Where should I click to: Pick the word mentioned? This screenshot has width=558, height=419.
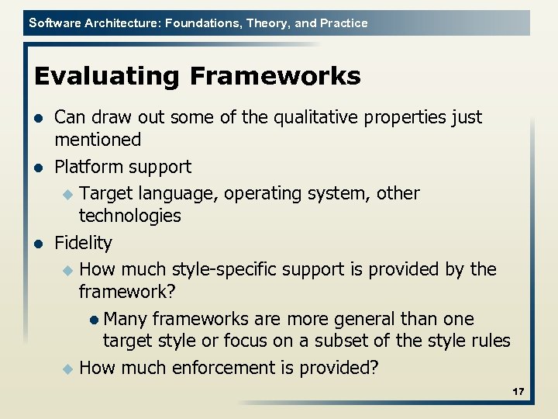[98, 140]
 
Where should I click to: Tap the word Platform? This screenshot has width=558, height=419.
[87, 167]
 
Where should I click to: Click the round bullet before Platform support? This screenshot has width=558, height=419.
[38, 168]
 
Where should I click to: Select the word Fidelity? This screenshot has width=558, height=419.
[83, 243]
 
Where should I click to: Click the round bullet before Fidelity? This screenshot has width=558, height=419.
[38, 244]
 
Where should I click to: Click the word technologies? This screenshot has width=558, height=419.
[129, 216]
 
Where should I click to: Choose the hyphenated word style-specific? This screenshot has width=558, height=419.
[231, 269]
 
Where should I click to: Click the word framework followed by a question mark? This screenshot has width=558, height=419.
[125, 292]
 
